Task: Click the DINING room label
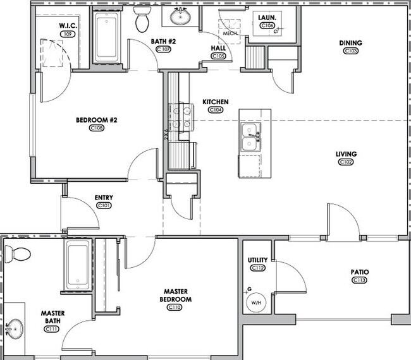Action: point(350,43)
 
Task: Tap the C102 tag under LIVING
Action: point(346,162)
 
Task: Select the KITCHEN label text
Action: point(216,102)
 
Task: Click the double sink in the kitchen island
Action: point(251,137)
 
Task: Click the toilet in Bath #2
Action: point(142,20)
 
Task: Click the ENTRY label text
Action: point(104,198)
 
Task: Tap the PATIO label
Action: point(360,272)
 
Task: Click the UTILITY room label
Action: point(258,260)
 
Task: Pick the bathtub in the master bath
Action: point(78,264)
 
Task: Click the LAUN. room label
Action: point(266,18)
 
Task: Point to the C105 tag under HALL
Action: point(219,56)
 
